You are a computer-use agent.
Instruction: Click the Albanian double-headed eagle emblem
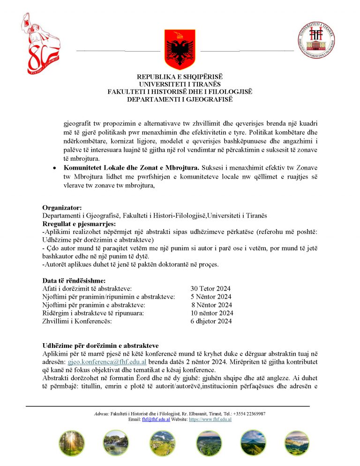(180, 49)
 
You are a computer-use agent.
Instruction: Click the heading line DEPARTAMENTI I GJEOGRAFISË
(180, 99)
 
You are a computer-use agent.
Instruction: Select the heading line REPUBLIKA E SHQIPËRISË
(180, 77)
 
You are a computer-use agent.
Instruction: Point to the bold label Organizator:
(62, 208)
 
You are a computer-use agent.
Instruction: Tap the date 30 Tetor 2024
(210, 289)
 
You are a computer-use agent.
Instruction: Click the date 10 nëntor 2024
(212, 313)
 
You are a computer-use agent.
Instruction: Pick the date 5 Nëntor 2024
(211, 297)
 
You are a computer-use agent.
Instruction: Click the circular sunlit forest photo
(72, 443)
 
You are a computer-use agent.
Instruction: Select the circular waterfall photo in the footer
(117, 443)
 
